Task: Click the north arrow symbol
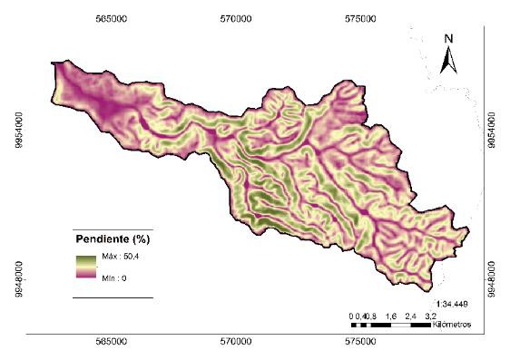446,61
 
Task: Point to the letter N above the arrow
446,39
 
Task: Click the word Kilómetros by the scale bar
457,323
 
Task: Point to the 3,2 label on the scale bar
431,315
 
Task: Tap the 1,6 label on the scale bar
390,315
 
